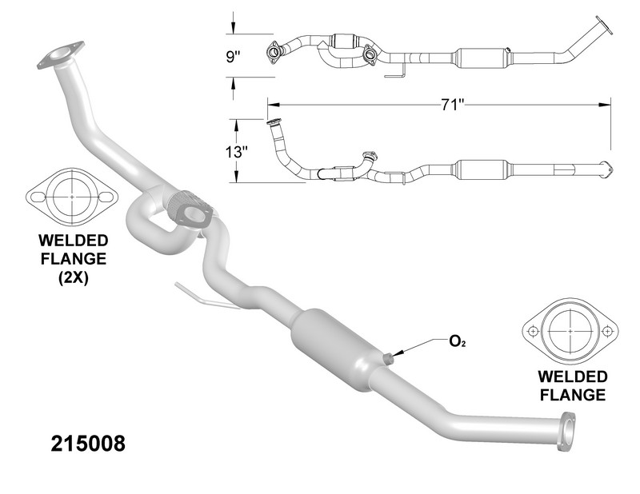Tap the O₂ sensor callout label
[458, 341]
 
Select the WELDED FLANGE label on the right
[571, 384]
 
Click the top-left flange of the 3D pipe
[61, 56]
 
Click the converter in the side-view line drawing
[480, 170]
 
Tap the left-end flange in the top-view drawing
[274, 52]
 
